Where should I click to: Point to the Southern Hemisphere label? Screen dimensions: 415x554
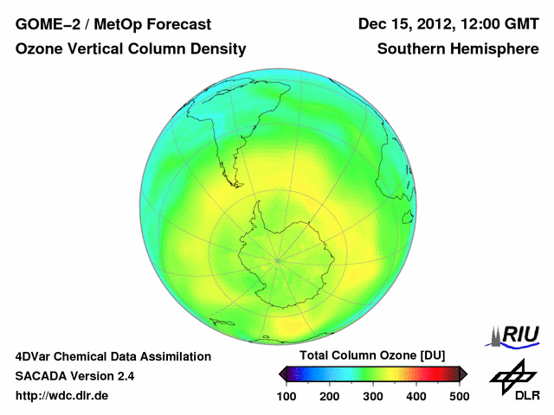click(458, 49)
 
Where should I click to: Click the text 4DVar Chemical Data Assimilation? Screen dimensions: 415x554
click(113, 356)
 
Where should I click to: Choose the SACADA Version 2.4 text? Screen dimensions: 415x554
click(74, 376)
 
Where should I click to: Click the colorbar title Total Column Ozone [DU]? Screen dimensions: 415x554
click(372, 355)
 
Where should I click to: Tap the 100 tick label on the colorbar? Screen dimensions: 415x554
click(287, 396)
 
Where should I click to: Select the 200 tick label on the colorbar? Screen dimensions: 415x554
click(330, 396)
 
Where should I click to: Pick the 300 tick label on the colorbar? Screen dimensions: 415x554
click(373, 396)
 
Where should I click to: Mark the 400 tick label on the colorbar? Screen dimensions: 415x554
click(415, 396)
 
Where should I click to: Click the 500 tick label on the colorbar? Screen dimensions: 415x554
click(459, 396)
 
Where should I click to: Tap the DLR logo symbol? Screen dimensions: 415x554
click(512, 377)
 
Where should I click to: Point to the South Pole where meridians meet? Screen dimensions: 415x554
click(277, 258)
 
